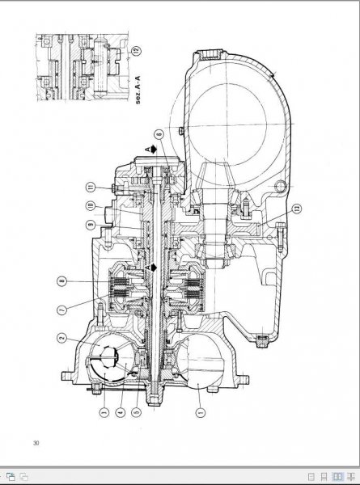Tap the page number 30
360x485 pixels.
[36, 442]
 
